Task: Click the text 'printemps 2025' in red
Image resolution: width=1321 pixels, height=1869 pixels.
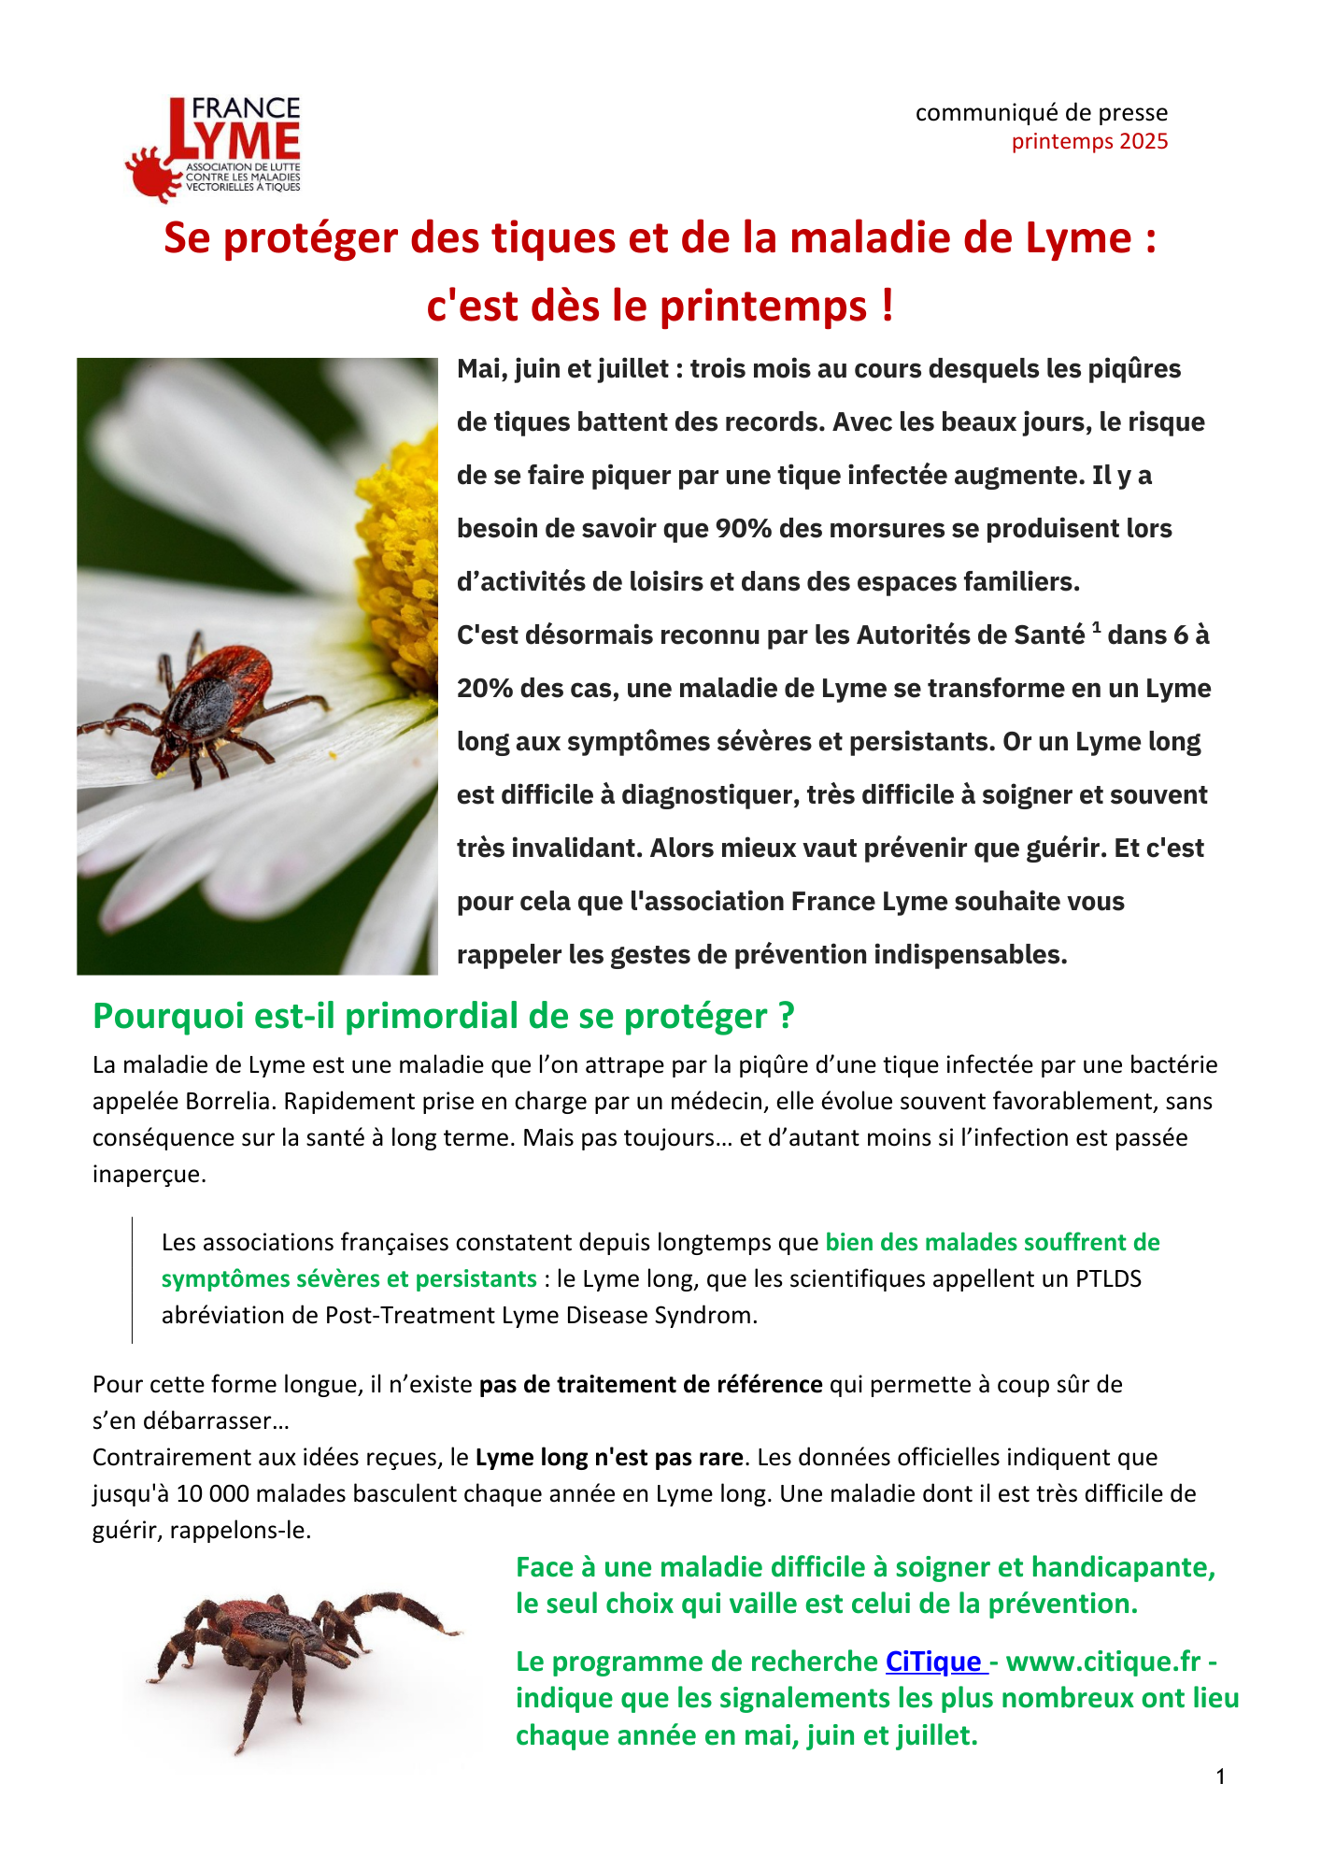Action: click(1089, 141)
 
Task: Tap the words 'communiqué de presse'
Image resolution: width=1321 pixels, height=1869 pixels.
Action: click(1041, 113)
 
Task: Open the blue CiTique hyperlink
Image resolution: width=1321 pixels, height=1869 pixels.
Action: click(933, 1662)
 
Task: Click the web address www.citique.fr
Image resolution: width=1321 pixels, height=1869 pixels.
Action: click(1102, 1662)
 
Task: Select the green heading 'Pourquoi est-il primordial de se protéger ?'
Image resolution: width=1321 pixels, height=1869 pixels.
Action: click(444, 1016)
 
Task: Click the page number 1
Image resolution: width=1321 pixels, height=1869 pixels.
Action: click(1221, 1776)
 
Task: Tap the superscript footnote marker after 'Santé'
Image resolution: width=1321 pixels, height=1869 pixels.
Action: click(1096, 627)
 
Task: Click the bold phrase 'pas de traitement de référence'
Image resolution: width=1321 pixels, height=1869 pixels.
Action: click(650, 1384)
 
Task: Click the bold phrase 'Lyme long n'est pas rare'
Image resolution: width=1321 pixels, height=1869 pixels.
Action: click(609, 1457)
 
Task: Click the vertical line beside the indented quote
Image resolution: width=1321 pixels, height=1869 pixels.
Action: click(133, 1279)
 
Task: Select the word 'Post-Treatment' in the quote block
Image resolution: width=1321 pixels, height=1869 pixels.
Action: click(410, 1315)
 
